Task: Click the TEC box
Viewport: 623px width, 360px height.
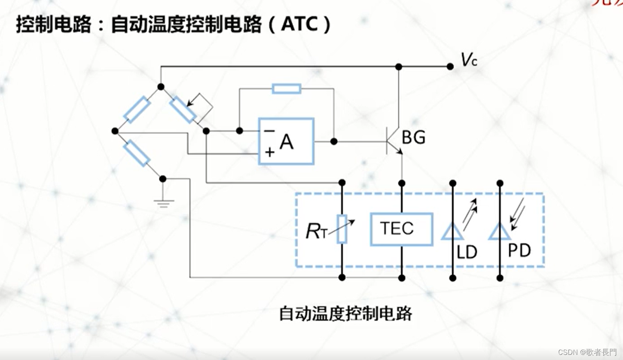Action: click(x=401, y=229)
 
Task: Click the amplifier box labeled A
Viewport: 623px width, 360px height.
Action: click(x=286, y=141)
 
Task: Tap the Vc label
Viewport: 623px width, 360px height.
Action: click(x=468, y=61)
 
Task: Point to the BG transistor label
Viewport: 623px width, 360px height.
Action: click(x=413, y=138)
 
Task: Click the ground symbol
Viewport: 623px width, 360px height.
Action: click(x=163, y=201)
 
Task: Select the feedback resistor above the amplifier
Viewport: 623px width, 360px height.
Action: click(x=286, y=89)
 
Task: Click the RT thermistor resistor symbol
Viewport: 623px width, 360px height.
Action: click(x=342, y=229)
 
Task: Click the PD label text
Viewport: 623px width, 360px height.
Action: click(x=519, y=250)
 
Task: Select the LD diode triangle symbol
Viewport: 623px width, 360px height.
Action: click(x=452, y=232)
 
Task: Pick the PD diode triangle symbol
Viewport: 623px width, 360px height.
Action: click(x=499, y=232)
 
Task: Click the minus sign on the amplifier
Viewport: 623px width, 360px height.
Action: click(x=269, y=131)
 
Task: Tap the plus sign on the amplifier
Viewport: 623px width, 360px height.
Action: click(x=269, y=152)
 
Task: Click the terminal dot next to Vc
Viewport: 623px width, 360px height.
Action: click(x=450, y=67)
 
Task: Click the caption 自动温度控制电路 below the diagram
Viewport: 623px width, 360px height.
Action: click(x=345, y=314)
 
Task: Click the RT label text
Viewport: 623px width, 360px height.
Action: click(x=316, y=232)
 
